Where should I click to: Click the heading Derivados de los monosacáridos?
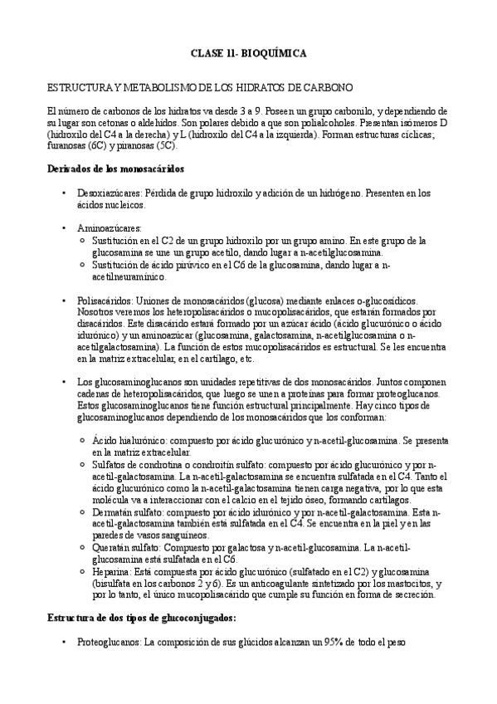point(115,169)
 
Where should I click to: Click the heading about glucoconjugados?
point(141,618)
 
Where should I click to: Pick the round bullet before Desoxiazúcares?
point(65,193)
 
